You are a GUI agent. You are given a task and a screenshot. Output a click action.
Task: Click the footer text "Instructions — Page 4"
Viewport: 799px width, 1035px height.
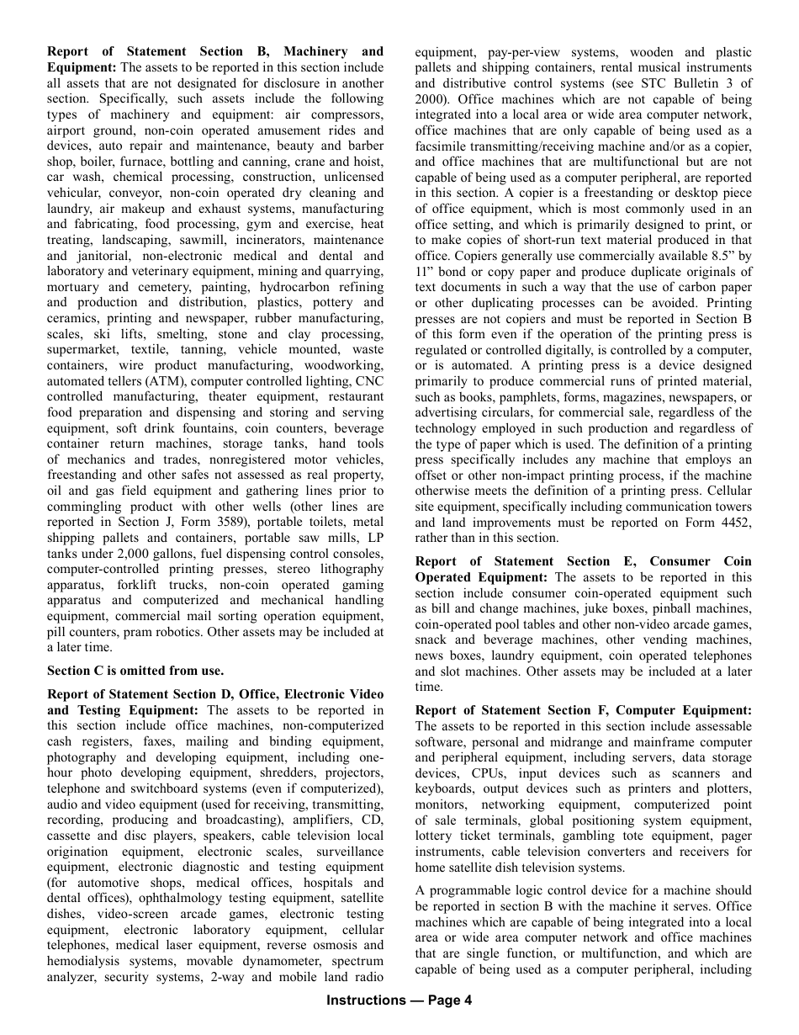[x=399, y=1000]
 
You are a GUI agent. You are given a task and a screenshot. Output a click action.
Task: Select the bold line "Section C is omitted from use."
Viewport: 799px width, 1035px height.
[x=135, y=671]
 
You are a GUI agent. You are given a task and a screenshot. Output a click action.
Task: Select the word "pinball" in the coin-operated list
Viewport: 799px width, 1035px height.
[x=662, y=592]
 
